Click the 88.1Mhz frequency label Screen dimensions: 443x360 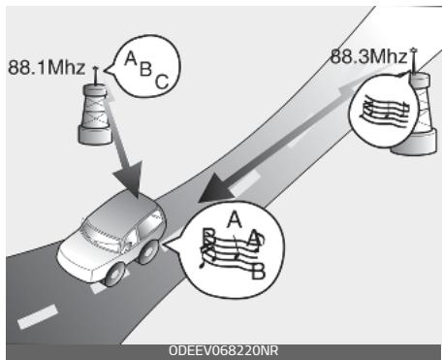pos(44,70)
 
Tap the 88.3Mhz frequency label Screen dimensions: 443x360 pos(366,56)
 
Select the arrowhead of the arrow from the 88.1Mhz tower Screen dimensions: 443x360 pos(129,180)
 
